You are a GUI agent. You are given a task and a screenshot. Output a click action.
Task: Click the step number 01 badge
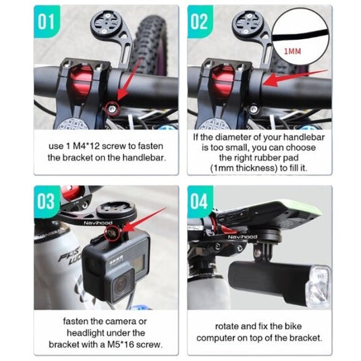pyautogui.click(x=47, y=22)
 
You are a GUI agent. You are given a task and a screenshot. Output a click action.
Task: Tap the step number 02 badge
pyautogui.click(x=200, y=22)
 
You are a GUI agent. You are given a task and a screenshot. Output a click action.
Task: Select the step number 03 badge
pyautogui.click(x=47, y=202)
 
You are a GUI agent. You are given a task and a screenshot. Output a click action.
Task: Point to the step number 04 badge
pyautogui.click(x=200, y=202)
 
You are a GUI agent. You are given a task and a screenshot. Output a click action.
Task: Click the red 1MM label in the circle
pyautogui.click(x=292, y=51)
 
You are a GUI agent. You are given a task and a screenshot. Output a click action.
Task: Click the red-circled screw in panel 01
pyautogui.click(x=113, y=108)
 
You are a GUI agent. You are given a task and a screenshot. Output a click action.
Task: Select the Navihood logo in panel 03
pyautogui.click(x=98, y=223)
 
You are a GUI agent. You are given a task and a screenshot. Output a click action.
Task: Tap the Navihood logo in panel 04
pyautogui.click(x=242, y=237)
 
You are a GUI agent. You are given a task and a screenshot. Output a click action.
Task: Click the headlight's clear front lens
pyautogui.click(x=318, y=287)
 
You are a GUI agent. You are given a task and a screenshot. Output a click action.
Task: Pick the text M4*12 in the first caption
pyautogui.click(x=87, y=146)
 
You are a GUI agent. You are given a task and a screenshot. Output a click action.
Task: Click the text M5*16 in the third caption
pyautogui.click(x=122, y=345)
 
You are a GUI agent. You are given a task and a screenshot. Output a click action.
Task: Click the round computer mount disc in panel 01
pyautogui.click(x=106, y=23)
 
